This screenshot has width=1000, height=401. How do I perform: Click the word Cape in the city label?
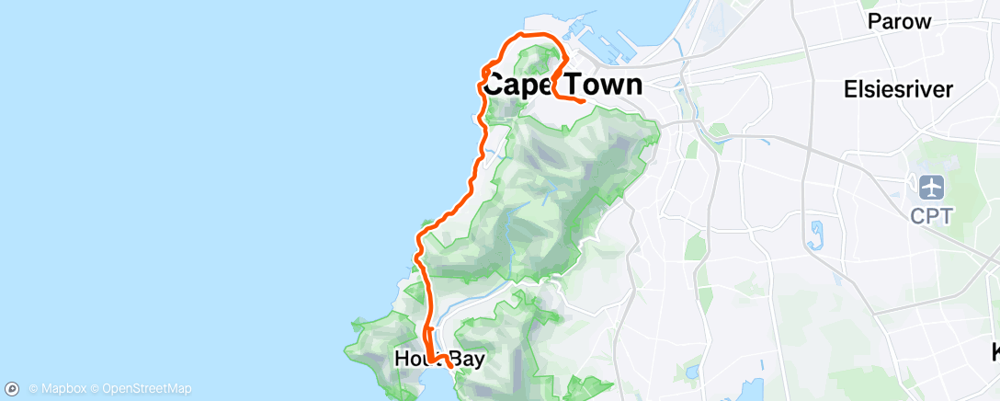tap(517, 86)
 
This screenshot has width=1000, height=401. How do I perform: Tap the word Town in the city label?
tap(598, 86)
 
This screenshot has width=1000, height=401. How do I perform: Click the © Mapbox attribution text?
tap(62, 389)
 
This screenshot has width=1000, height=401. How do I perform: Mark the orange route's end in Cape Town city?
tap(584, 101)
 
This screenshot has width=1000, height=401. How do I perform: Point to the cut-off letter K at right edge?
tap(994, 351)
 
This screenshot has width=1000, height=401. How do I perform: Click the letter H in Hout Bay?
tap(402, 359)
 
